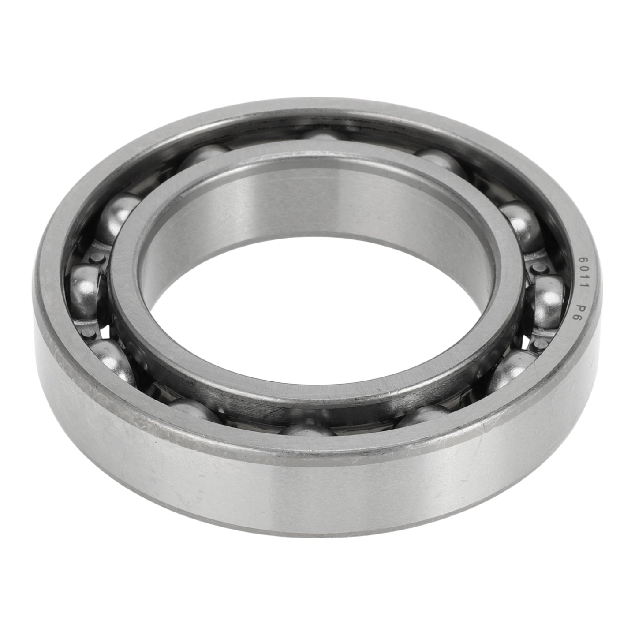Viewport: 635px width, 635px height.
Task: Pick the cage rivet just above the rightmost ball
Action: point(537,267)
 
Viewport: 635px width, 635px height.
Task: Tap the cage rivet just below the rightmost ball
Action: point(539,344)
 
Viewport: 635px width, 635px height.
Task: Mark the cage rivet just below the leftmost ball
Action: point(88,334)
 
